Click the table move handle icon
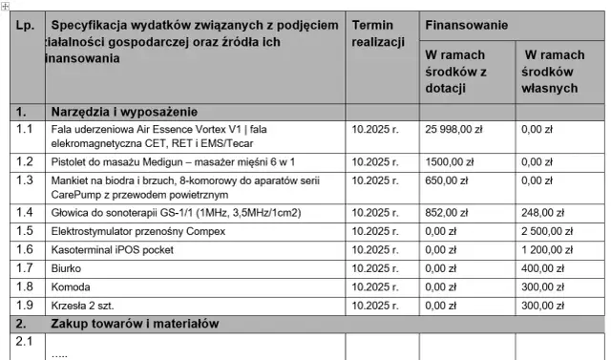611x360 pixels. pos(5,6)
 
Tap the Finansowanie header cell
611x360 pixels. pos(467,23)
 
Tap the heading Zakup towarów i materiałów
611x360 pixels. pos(135,323)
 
